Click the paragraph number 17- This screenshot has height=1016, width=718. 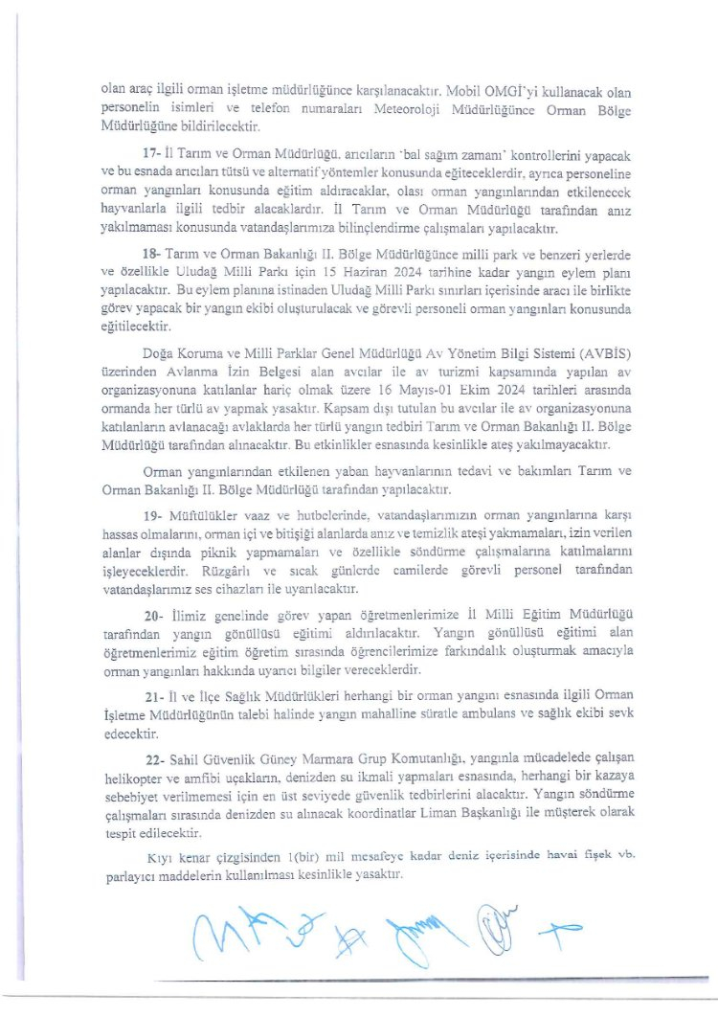tap(151, 154)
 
